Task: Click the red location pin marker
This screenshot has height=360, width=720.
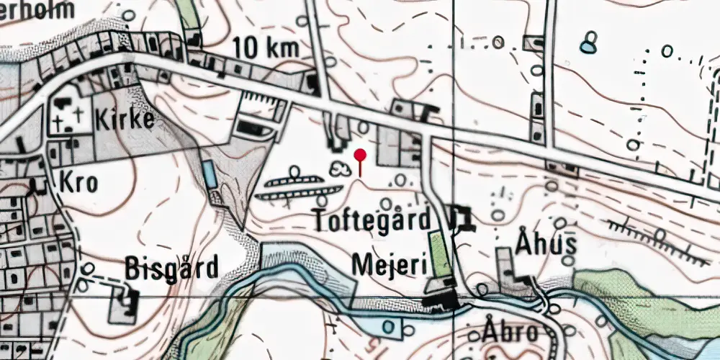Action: pyautogui.click(x=360, y=155)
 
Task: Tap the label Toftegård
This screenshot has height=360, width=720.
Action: pyautogui.click(x=372, y=220)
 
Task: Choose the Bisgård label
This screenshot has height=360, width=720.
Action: pyautogui.click(x=171, y=268)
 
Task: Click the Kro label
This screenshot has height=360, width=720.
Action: pyautogui.click(x=78, y=182)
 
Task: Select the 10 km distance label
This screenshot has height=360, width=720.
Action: pyautogui.click(x=266, y=48)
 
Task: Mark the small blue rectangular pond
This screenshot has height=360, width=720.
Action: pyautogui.click(x=209, y=173)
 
